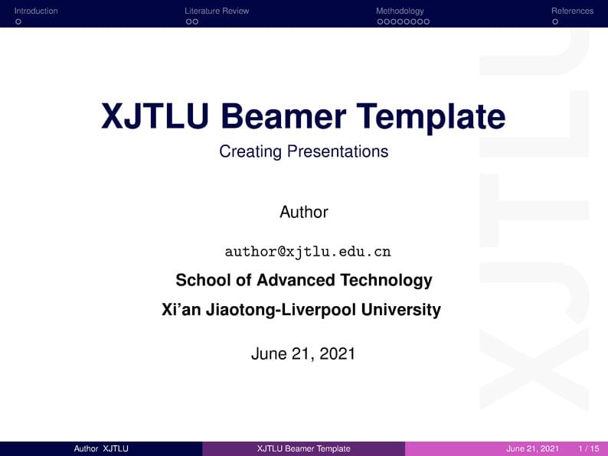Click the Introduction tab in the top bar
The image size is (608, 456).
pos(36,11)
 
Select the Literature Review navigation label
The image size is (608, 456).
pos(217,11)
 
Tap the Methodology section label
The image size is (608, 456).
pos(400,11)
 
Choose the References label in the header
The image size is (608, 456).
pos(572,11)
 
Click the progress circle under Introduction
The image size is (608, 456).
pos(18,21)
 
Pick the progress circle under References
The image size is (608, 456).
pos(555,21)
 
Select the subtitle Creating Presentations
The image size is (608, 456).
pos(303,151)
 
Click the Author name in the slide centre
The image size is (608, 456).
pos(303,212)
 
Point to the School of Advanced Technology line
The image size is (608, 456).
pos(303,280)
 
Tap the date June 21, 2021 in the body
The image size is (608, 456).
pos(303,353)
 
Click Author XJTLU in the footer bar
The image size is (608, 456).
pos(100,448)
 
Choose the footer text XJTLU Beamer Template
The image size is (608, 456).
pos(303,448)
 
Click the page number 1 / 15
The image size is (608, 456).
pos(589,448)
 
